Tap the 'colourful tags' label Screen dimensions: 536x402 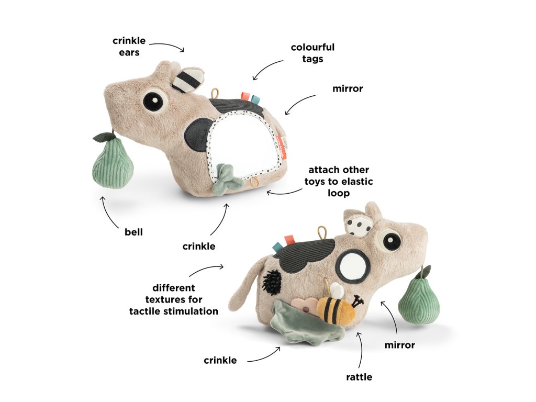tap(312, 53)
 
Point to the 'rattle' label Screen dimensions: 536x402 tap(359, 376)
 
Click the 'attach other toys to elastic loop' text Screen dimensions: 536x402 tap(339, 181)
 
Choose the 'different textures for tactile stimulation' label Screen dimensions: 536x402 tap(174, 299)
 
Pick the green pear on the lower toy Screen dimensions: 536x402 tap(419, 301)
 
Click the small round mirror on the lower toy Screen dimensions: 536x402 tap(351, 266)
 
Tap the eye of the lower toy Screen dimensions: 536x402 tap(392, 242)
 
